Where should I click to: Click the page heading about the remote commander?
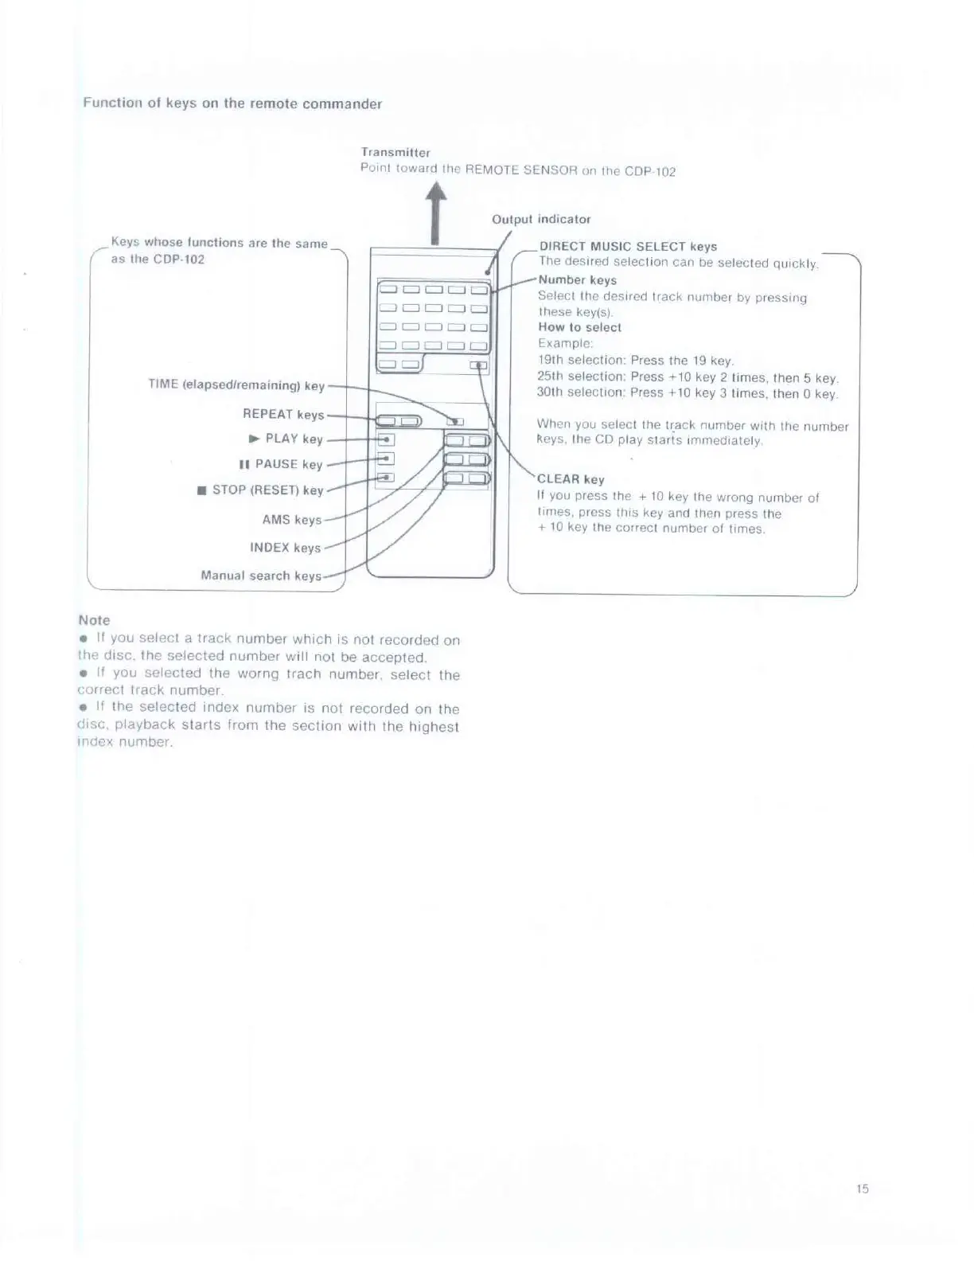tap(232, 103)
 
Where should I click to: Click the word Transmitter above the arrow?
tap(395, 152)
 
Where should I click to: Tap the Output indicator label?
tap(541, 219)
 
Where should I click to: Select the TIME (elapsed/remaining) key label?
tap(236, 385)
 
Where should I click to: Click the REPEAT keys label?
tap(283, 415)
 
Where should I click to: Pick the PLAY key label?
tap(286, 439)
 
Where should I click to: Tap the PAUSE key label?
tap(281, 464)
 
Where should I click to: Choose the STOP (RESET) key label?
tap(261, 490)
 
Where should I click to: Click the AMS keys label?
tap(291, 520)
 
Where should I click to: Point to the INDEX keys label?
tap(285, 548)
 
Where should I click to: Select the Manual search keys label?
tap(261, 576)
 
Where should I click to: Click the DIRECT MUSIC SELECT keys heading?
tap(628, 247)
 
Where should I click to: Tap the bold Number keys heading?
tap(577, 280)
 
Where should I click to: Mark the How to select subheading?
tap(579, 327)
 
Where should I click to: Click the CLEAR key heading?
tap(571, 479)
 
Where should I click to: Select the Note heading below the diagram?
tap(94, 620)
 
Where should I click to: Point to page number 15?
tap(863, 1189)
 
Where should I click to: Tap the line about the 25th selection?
tap(688, 377)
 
